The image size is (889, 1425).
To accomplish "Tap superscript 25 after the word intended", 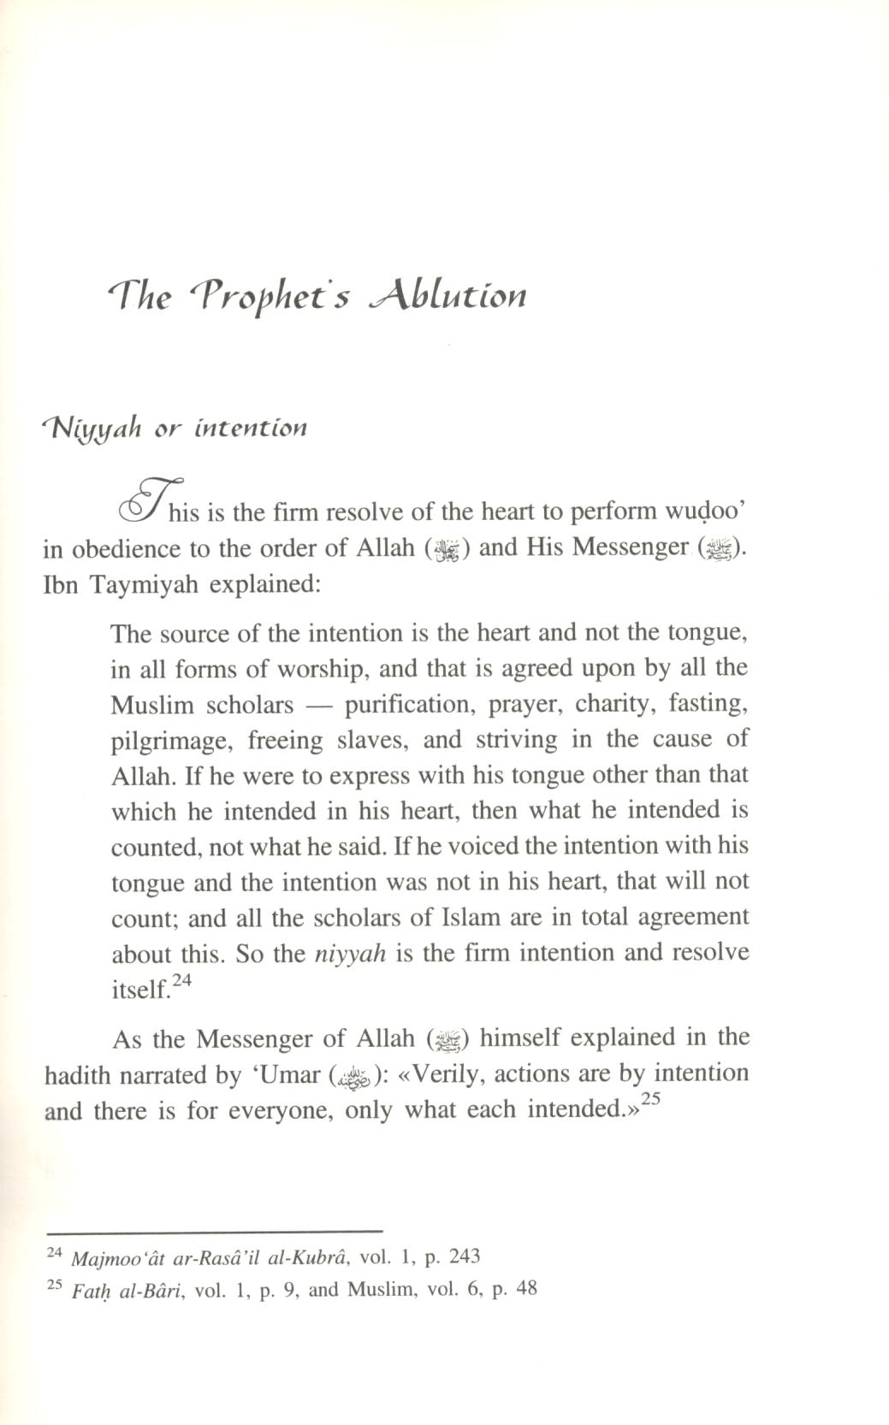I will click(x=652, y=1102).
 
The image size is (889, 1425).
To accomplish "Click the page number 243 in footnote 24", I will click(x=463, y=1256).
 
